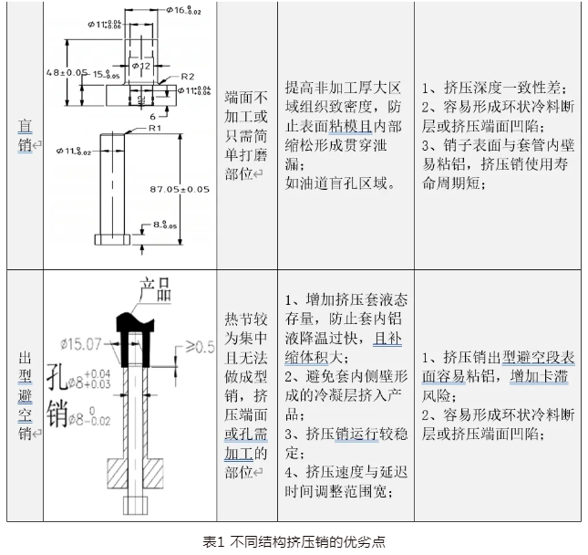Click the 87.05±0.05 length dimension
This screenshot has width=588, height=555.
tap(179, 189)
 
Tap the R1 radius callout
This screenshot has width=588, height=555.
tap(130, 130)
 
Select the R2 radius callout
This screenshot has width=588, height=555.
tap(188, 76)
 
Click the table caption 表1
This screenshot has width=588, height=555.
tap(216, 540)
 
